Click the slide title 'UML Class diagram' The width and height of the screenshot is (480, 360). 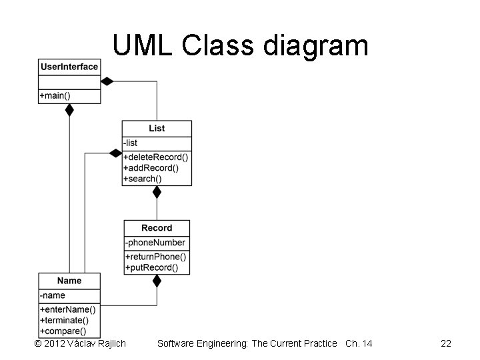pos(240,45)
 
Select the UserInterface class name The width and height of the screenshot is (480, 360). pos(69,67)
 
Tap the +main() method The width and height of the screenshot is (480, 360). pos(55,96)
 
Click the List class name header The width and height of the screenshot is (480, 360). pos(157,128)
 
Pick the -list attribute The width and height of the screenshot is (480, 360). pos(131,143)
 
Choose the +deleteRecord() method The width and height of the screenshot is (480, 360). pos(156,157)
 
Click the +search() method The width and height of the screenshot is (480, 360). pos(143,179)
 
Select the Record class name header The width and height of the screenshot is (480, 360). pos(157,228)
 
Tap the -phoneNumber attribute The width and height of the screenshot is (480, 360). pos(156,243)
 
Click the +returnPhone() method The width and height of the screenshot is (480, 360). pos(156,257)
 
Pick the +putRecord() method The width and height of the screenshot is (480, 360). pos(152,267)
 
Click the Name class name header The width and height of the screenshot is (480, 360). pos(69,281)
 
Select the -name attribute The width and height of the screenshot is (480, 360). pos(53,295)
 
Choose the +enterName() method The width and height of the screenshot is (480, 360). pos(68,309)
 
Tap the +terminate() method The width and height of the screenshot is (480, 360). pos(65,320)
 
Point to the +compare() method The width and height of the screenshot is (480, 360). pos(64,331)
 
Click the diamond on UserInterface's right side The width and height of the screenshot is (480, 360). pos(107,81)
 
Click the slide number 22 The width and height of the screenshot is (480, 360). pos(446,343)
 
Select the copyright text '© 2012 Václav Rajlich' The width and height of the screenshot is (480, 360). pos(79,343)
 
